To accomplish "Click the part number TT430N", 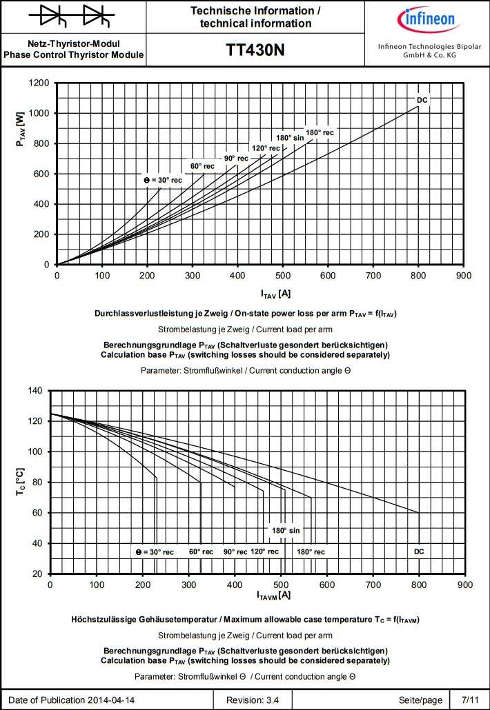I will tap(255, 50).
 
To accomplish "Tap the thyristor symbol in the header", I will tap(73, 15).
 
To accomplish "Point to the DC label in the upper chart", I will tap(422, 101).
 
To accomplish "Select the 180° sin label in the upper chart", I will tap(290, 138).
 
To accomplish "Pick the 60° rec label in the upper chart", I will tap(202, 166).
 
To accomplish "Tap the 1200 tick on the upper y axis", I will tap(39, 83).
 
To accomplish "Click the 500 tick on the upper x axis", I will tap(283, 276).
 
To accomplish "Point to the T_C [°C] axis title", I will tap(20, 483).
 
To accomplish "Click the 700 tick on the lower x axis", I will tap(373, 585).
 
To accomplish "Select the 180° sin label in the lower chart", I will tap(286, 531).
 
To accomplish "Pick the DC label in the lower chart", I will tap(419, 551).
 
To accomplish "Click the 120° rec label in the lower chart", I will tap(264, 551).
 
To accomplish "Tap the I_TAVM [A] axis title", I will tap(273, 595).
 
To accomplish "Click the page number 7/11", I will tap(470, 700).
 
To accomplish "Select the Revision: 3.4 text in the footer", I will tap(257, 700).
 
